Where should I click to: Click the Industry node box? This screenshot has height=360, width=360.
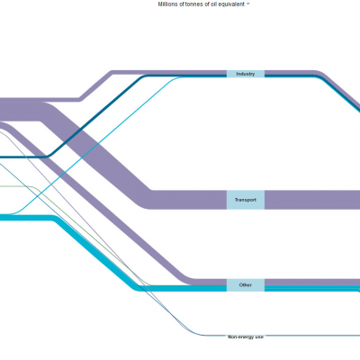click(x=246, y=74)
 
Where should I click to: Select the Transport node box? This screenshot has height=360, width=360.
click(x=246, y=200)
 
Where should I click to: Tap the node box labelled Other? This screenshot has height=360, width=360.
click(x=246, y=285)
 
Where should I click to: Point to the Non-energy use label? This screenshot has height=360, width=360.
click(x=246, y=337)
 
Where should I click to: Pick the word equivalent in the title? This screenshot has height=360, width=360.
click(x=230, y=4)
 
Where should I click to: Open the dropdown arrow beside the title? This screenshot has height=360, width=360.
click(x=247, y=4)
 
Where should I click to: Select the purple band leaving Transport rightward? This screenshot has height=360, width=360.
click(x=312, y=200)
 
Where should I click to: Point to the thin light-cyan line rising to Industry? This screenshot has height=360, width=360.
click(x=99, y=144)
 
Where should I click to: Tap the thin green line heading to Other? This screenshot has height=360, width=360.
click(x=90, y=237)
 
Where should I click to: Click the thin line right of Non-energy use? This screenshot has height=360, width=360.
click(x=312, y=335)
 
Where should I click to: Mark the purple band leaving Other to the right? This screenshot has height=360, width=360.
click(x=312, y=282)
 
